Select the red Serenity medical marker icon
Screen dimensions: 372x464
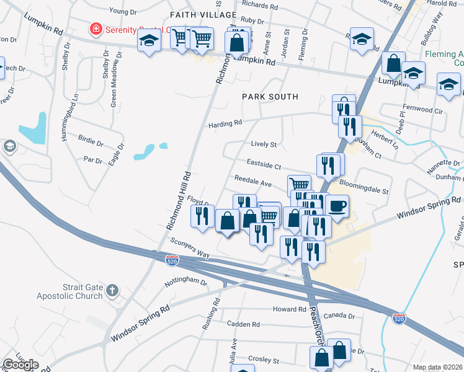[x=95, y=29]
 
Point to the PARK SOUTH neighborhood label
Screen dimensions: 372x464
[x=270, y=97]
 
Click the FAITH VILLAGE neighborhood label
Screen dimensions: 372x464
[x=203, y=14]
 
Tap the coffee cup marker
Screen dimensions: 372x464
[x=337, y=205]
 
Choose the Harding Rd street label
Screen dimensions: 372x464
[x=225, y=123]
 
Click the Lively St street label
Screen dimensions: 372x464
[x=263, y=144]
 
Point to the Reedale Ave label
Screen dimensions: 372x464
[x=253, y=184]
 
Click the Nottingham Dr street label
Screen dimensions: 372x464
[x=186, y=281]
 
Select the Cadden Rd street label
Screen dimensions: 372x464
[x=243, y=324]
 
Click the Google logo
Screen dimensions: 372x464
[x=20, y=365]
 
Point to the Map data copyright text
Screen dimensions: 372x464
[x=437, y=367]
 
